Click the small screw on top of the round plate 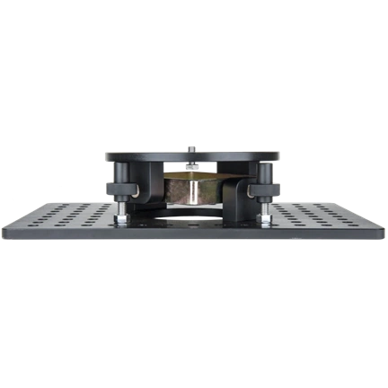point(194,145)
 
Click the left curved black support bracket point(148,193)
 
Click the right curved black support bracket point(237,193)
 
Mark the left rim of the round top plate point(106,160)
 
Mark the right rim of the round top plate point(280,160)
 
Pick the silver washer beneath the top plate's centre point(192,171)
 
